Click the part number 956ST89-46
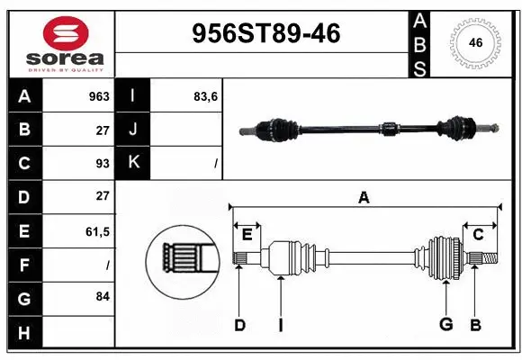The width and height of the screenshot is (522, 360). pyautogui.click(x=266, y=33)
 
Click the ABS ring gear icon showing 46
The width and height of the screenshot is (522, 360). pyautogui.click(x=475, y=42)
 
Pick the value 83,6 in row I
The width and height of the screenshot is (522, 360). pyautogui.click(x=206, y=96)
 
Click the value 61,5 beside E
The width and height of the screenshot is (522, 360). pyautogui.click(x=97, y=231)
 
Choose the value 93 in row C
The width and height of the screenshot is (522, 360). pyautogui.click(x=102, y=163)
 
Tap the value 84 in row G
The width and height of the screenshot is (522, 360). pyautogui.click(x=102, y=296)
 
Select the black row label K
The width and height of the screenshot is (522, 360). pyautogui.click(x=134, y=163)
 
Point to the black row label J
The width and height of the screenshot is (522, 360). pyautogui.click(x=134, y=130)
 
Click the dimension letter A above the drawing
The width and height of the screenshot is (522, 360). pyautogui.click(x=364, y=198)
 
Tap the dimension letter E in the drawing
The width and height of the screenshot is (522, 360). pyautogui.click(x=247, y=235)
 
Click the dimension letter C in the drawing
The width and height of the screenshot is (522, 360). pyautogui.click(x=479, y=235)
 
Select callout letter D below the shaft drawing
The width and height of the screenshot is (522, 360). pyautogui.click(x=239, y=325)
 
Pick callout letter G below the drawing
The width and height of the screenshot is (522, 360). pyautogui.click(x=445, y=325)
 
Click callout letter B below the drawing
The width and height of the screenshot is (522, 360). pyautogui.click(x=475, y=325)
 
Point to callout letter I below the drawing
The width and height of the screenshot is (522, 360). pyautogui.click(x=280, y=325)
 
